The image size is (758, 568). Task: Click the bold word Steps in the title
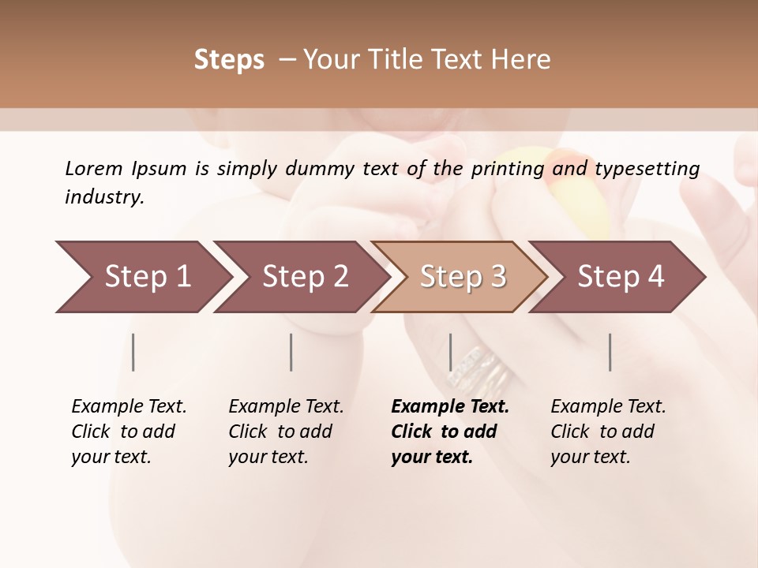click(x=229, y=60)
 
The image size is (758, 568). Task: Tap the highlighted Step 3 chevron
click(x=463, y=277)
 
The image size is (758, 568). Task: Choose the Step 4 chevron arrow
click(x=621, y=277)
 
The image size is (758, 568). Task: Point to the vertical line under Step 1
click(x=133, y=352)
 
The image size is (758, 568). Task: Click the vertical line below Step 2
click(x=291, y=352)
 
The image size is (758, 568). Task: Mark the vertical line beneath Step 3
click(x=450, y=352)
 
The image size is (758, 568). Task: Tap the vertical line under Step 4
click(x=610, y=352)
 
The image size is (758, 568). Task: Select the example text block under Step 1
click(x=129, y=432)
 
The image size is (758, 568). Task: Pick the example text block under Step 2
click(x=286, y=432)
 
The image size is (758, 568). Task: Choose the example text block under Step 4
click(x=608, y=432)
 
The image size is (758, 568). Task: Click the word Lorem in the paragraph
click(x=93, y=168)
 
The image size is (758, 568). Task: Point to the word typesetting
click(x=647, y=169)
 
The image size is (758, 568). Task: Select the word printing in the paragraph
click(x=506, y=169)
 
